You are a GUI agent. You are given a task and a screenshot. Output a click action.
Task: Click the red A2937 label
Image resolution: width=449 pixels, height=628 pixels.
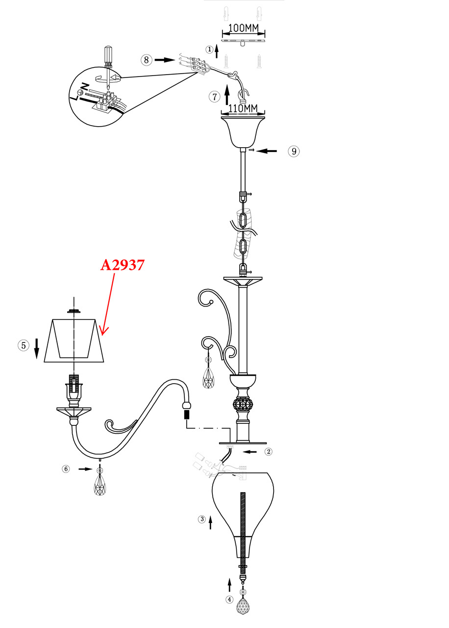(123, 265)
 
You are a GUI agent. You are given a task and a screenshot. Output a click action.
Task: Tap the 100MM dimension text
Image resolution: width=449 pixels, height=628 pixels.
(244, 28)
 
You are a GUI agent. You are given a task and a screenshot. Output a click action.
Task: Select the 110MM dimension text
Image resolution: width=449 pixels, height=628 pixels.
(243, 108)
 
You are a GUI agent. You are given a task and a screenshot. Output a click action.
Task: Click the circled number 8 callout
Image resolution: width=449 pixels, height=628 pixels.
(147, 60)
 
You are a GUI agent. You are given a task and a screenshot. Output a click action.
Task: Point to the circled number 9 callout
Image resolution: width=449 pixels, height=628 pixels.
(294, 152)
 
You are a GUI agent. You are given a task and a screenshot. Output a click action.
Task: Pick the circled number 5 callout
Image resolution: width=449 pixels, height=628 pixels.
(24, 345)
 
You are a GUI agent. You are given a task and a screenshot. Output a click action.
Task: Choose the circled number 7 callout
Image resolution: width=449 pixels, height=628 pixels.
(215, 97)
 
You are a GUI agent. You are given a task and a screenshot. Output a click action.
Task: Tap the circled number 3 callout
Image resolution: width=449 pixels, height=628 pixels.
(202, 519)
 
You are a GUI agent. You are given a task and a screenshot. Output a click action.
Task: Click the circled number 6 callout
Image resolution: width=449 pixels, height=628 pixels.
(66, 469)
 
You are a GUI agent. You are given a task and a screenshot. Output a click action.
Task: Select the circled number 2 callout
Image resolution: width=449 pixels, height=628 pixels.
(268, 452)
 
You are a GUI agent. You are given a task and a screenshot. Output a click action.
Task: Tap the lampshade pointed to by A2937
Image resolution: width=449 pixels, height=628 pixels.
(74, 340)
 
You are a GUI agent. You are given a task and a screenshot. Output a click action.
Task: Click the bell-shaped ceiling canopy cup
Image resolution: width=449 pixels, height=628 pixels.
(243, 132)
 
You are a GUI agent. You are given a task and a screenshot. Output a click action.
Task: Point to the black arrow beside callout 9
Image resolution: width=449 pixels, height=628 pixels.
(266, 151)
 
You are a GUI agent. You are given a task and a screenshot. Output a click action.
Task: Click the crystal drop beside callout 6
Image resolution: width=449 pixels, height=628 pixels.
(100, 480)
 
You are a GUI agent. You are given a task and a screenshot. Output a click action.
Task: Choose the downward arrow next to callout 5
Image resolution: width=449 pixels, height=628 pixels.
(37, 349)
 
